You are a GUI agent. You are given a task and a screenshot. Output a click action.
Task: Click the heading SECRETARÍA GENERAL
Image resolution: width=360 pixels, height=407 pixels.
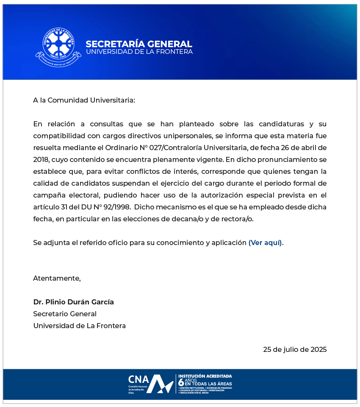point(138,44)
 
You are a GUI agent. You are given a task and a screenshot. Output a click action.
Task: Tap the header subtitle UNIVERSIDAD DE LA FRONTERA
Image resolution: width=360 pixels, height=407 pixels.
point(139,52)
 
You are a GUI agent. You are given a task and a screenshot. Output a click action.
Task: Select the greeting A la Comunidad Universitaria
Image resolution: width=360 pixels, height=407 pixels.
point(84,100)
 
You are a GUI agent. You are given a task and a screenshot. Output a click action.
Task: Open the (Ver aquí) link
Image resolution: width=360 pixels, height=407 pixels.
point(265,243)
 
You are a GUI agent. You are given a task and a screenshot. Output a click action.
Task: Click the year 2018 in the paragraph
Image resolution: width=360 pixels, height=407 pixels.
point(42,160)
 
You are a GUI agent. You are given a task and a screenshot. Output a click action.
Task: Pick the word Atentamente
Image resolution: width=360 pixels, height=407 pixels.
point(57,279)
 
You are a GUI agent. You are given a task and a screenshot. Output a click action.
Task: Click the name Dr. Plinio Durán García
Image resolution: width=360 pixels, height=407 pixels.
point(74,302)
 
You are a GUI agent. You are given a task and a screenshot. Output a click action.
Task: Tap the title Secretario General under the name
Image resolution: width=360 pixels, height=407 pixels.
point(65,314)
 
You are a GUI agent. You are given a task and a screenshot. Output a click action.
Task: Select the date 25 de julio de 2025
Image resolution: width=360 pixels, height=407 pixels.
point(295,350)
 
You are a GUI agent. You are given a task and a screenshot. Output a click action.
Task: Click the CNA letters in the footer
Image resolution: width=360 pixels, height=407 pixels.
point(138,379)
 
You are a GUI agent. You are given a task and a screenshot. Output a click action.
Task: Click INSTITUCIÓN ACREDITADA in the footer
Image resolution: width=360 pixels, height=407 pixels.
point(205,376)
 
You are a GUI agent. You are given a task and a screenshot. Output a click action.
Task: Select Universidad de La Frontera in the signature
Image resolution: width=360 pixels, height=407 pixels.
point(79,326)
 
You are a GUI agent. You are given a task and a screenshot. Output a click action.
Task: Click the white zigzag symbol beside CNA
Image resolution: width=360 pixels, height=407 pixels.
point(162,384)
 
